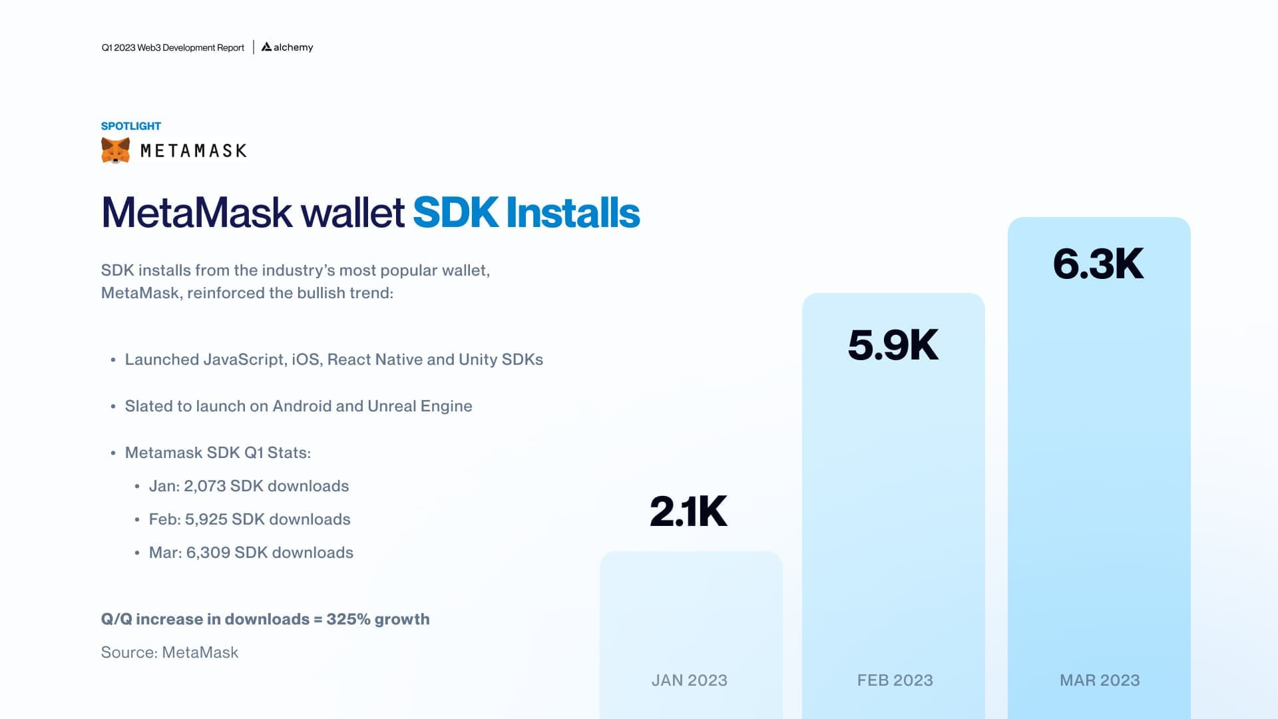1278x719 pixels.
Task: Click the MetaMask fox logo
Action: tap(115, 150)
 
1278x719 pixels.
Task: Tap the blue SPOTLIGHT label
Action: tap(131, 126)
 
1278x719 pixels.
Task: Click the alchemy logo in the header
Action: tap(287, 47)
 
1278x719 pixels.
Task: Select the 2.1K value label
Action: tap(688, 511)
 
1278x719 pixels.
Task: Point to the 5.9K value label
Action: tap(893, 345)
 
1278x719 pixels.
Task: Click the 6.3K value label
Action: tap(1098, 264)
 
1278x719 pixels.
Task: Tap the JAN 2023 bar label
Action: tap(689, 680)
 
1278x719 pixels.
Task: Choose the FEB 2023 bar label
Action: tap(895, 680)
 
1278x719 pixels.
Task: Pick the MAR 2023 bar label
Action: tap(1100, 680)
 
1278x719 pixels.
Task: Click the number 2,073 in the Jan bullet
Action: tap(205, 486)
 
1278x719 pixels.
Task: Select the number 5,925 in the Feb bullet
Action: tap(206, 519)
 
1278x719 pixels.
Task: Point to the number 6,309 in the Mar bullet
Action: tap(208, 553)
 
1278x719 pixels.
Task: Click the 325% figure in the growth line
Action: tap(348, 619)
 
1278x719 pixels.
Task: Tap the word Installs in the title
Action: tap(572, 213)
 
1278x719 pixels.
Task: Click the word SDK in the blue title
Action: tap(455, 213)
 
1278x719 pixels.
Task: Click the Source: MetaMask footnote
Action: tap(170, 652)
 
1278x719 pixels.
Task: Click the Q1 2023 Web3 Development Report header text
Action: tap(173, 48)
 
